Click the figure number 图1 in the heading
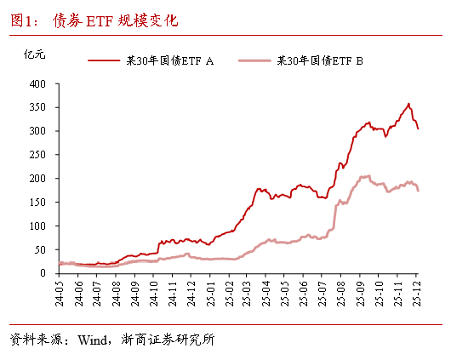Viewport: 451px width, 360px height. [x=22, y=20]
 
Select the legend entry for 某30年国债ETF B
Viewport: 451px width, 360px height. [x=320, y=60]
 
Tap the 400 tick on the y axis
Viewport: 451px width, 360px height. [x=37, y=84]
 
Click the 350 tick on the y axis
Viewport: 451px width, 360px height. [x=37, y=108]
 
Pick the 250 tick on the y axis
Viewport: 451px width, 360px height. [x=37, y=155]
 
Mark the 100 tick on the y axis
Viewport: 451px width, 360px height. [x=37, y=226]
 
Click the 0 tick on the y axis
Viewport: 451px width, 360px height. [x=44, y=273]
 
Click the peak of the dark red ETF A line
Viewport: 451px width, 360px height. [x=408, y=104]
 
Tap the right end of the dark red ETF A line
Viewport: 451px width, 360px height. [x=418, y=129]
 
